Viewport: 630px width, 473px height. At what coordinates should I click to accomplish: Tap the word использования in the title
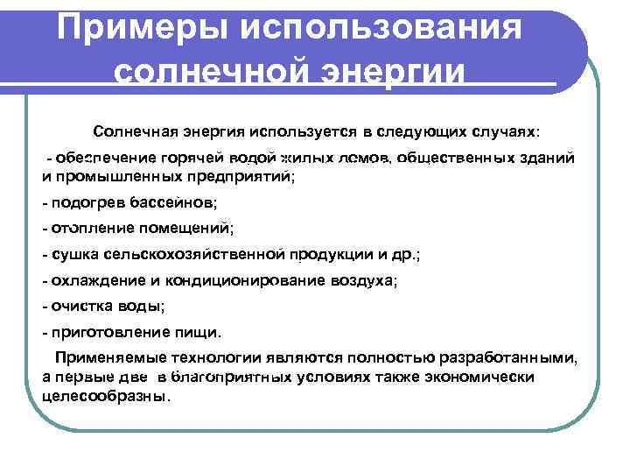coord(381,28)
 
